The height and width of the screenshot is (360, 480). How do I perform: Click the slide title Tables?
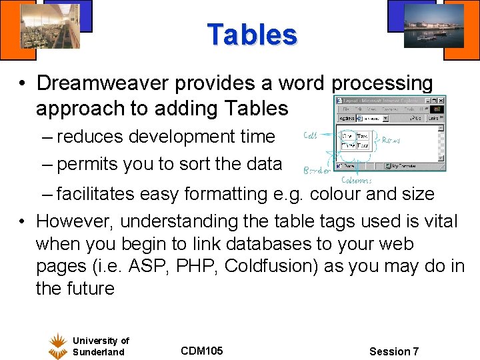251,35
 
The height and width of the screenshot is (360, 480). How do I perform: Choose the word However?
75,221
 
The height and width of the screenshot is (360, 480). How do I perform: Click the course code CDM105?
201,351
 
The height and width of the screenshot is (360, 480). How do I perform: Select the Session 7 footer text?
394,351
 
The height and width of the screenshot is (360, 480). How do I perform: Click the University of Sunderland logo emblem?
58,346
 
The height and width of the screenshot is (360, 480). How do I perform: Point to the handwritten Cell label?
310,135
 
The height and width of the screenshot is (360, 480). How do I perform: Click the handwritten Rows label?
391,141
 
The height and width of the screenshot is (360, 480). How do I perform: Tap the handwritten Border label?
317,170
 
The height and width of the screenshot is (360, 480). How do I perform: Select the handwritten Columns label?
357,180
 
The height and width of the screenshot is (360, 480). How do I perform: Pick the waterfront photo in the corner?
433,25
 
